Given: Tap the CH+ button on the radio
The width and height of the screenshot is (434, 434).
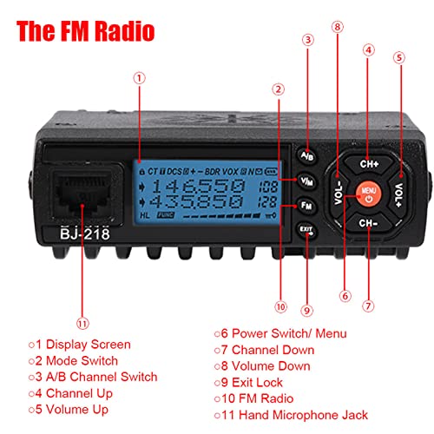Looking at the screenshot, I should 367,161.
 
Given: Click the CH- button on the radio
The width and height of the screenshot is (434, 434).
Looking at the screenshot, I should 367,222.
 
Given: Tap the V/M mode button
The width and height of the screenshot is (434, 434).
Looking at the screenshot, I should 307,181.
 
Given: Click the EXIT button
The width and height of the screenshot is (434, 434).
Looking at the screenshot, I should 306,231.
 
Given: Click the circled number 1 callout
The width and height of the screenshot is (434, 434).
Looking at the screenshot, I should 139,76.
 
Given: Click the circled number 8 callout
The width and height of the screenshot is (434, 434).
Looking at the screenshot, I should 337,26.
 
